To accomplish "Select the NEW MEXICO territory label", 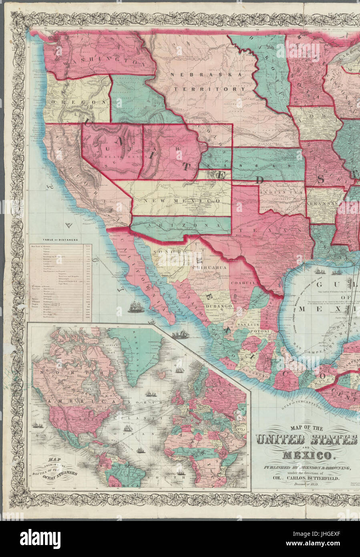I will (183, 200).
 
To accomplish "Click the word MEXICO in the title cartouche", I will (307, 456).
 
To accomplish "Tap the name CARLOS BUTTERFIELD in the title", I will (318, 478).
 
